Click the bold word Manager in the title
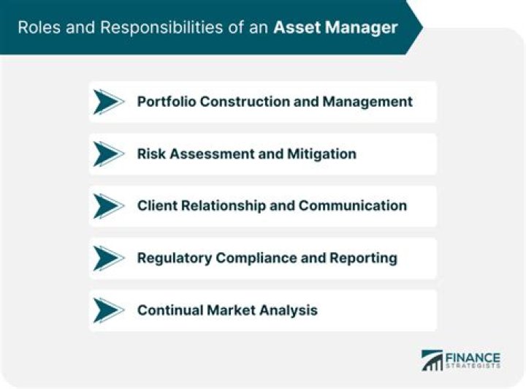[x=361, y=28]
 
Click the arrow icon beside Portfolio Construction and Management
[x=109, y=102]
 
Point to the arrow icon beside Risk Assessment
[x=109, y=154]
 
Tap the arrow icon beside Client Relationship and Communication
[x=109, y=205]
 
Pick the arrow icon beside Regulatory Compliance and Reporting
[x=109, y=257]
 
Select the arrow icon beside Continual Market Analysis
[x=109, y=310]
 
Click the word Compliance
[x=255, y=257]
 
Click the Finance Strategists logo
[x=460, y=359]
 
